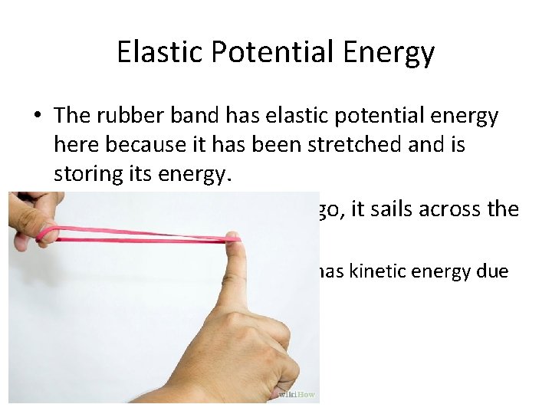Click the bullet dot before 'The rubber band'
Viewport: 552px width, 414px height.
36,116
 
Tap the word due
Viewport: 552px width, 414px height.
491,271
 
